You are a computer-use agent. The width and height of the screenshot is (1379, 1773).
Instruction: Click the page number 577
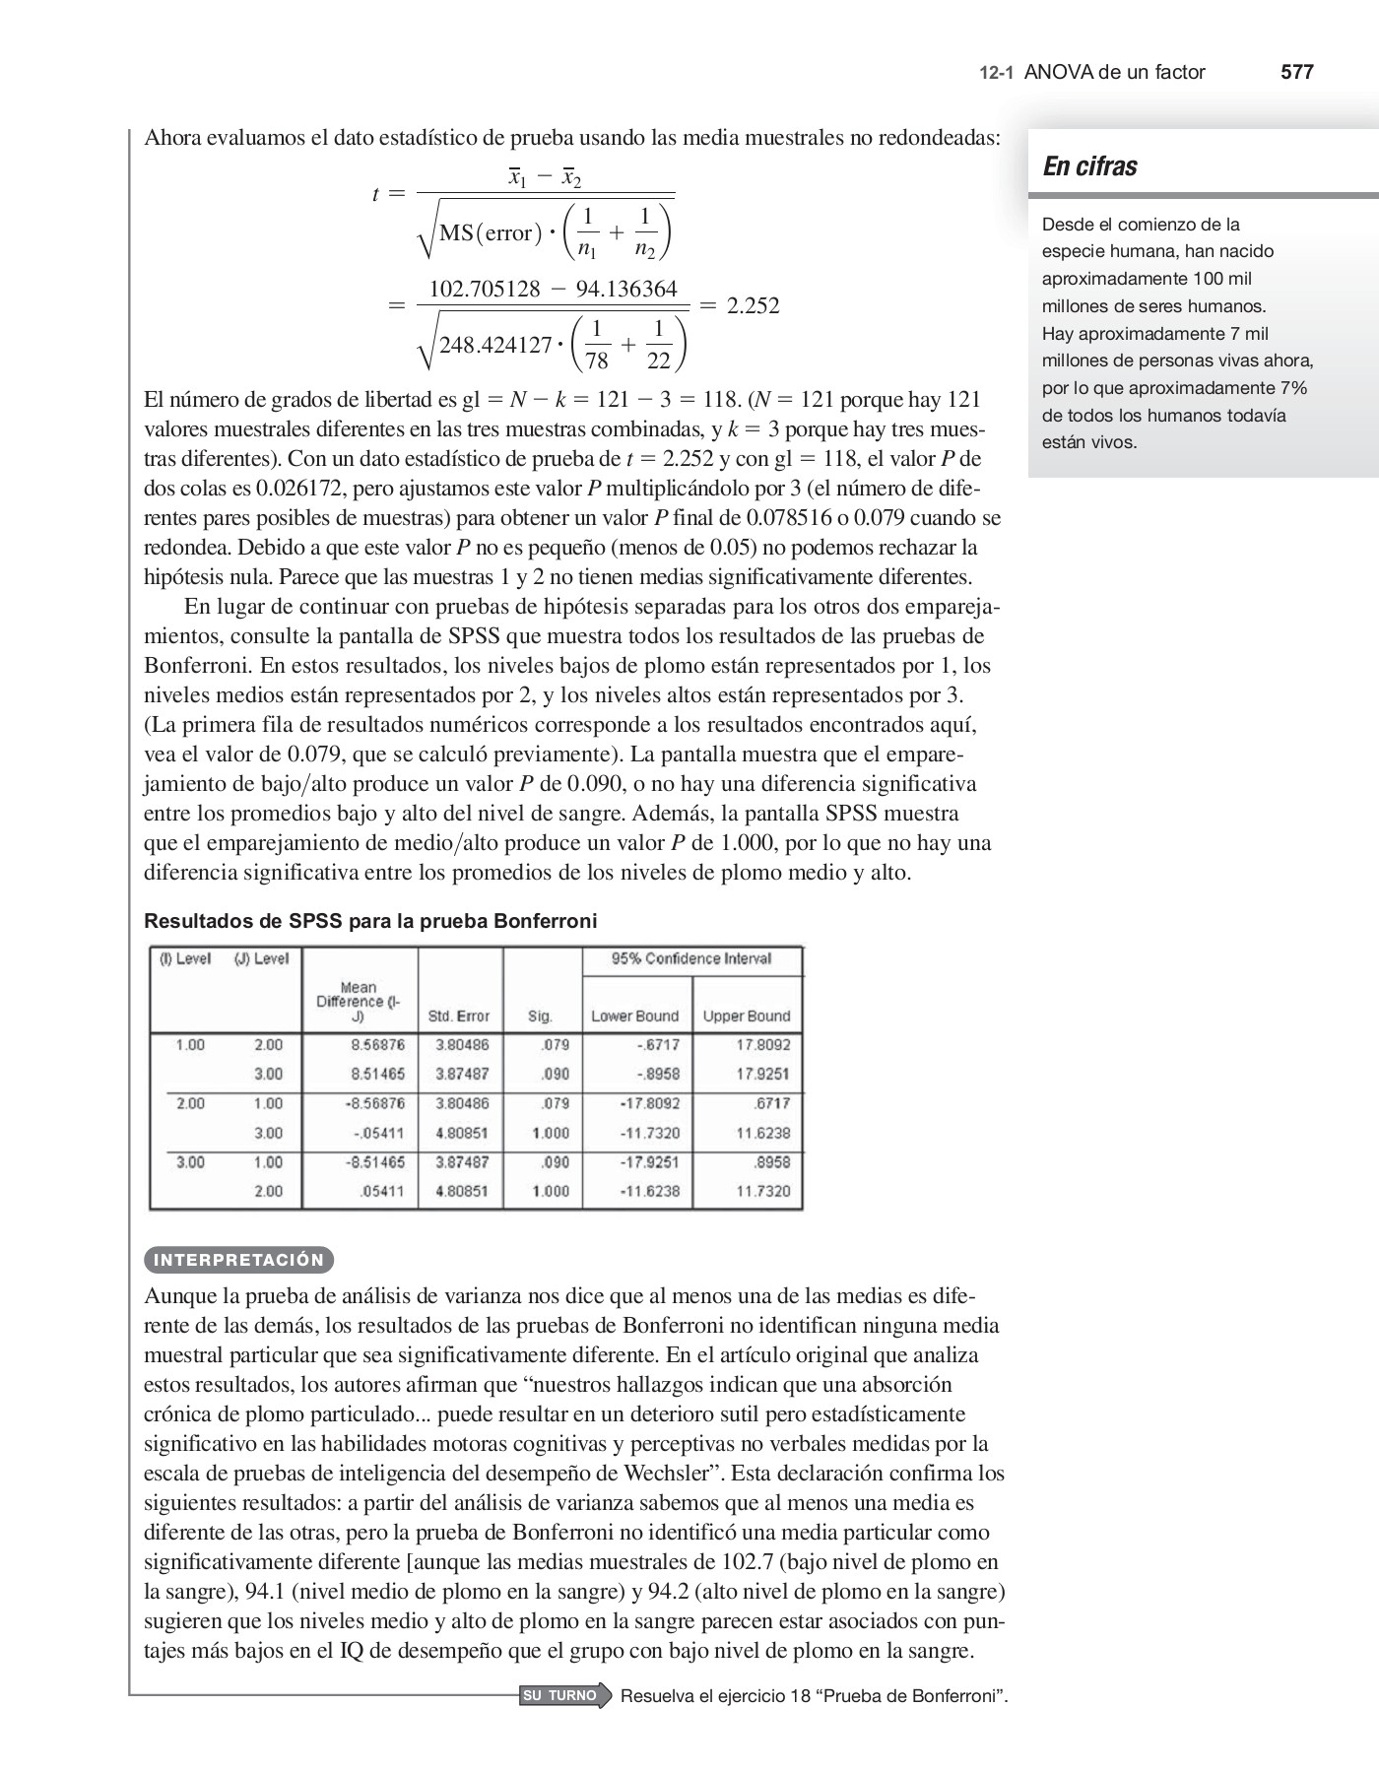pyautogui.click(x=1296, y=72)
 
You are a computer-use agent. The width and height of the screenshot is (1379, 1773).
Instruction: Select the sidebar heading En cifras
pyautogui.click(x=1089, y=166)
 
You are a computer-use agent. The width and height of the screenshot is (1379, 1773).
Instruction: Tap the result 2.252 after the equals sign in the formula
pyautogui.click(x=753, y=306)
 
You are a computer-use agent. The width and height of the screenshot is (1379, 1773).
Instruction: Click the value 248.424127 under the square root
pyautogui.click(x=495, y=346)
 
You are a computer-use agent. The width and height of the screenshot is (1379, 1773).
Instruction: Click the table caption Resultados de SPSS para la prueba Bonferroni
pyautogui.click(x=370, y=921)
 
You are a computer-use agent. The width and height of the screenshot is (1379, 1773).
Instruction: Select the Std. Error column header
pyautogui.click(x=459, y=1016)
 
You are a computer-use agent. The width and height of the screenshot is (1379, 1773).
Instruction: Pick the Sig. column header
pyautogui.click(x=540, y=1016)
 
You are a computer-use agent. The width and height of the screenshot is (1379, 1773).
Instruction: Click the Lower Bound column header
pyautogui.click(x=634, y=1016)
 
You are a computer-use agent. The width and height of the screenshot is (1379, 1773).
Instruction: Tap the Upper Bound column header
pyautogui.click(x=747, y=1016)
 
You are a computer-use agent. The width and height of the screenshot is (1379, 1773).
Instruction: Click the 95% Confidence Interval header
pyautogui.click(x=691, y=958)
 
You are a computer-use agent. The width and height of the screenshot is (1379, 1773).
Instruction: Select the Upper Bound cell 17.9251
pyautogui.click(x=762, y=1074)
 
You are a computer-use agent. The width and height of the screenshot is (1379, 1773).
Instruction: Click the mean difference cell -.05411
pyautogui.click(x=378, y=1133)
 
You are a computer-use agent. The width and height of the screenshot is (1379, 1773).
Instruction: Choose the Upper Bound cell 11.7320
pyautogui.click(x=762, y=1191)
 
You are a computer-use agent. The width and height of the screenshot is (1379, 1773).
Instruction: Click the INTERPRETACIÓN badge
pyautogui.click(x=239, y=1260)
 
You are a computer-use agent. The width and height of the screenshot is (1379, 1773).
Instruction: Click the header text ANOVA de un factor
pyautogui.click(x=1114, y=72)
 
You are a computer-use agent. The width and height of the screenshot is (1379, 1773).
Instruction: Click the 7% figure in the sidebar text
pyautogui.click(x=1293, y=388)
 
